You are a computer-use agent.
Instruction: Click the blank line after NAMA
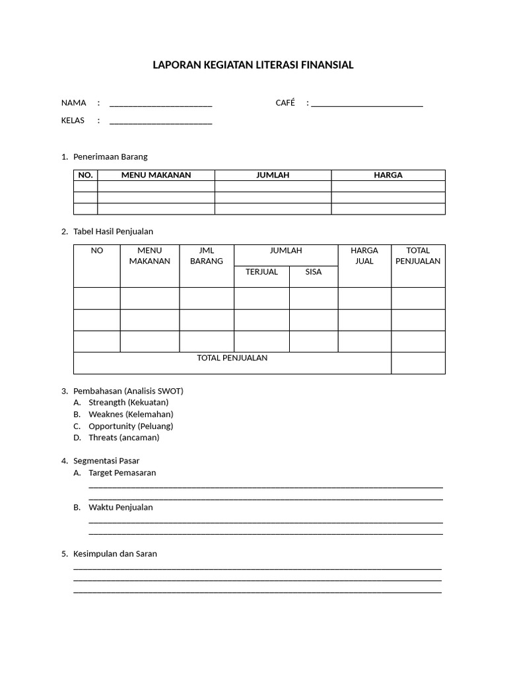pos(160,104)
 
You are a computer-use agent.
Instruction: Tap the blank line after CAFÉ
pos(366,104)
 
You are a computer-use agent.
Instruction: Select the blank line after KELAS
pos(160,122)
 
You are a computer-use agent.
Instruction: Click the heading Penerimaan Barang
pos(110,157)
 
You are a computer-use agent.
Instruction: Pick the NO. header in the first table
pos(86,176)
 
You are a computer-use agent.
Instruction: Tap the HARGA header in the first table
pos(388,176)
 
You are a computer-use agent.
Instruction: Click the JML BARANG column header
pos(207,256)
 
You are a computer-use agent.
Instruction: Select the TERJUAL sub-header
pos(261,272)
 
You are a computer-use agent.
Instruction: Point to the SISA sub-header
pos(314,272)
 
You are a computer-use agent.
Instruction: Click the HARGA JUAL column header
pos(364,256)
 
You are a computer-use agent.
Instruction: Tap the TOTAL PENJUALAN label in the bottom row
pos(232,358)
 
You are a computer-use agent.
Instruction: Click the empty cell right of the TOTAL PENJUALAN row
pos(418,363)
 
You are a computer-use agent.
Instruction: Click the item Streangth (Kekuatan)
pos(128,403)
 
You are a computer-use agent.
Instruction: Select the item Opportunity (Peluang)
pos(131,426)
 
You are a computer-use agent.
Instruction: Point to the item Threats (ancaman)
pos(123,438)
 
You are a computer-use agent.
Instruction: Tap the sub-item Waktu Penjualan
pos(120,508)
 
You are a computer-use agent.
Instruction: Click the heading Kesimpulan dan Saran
pos(115,554)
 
